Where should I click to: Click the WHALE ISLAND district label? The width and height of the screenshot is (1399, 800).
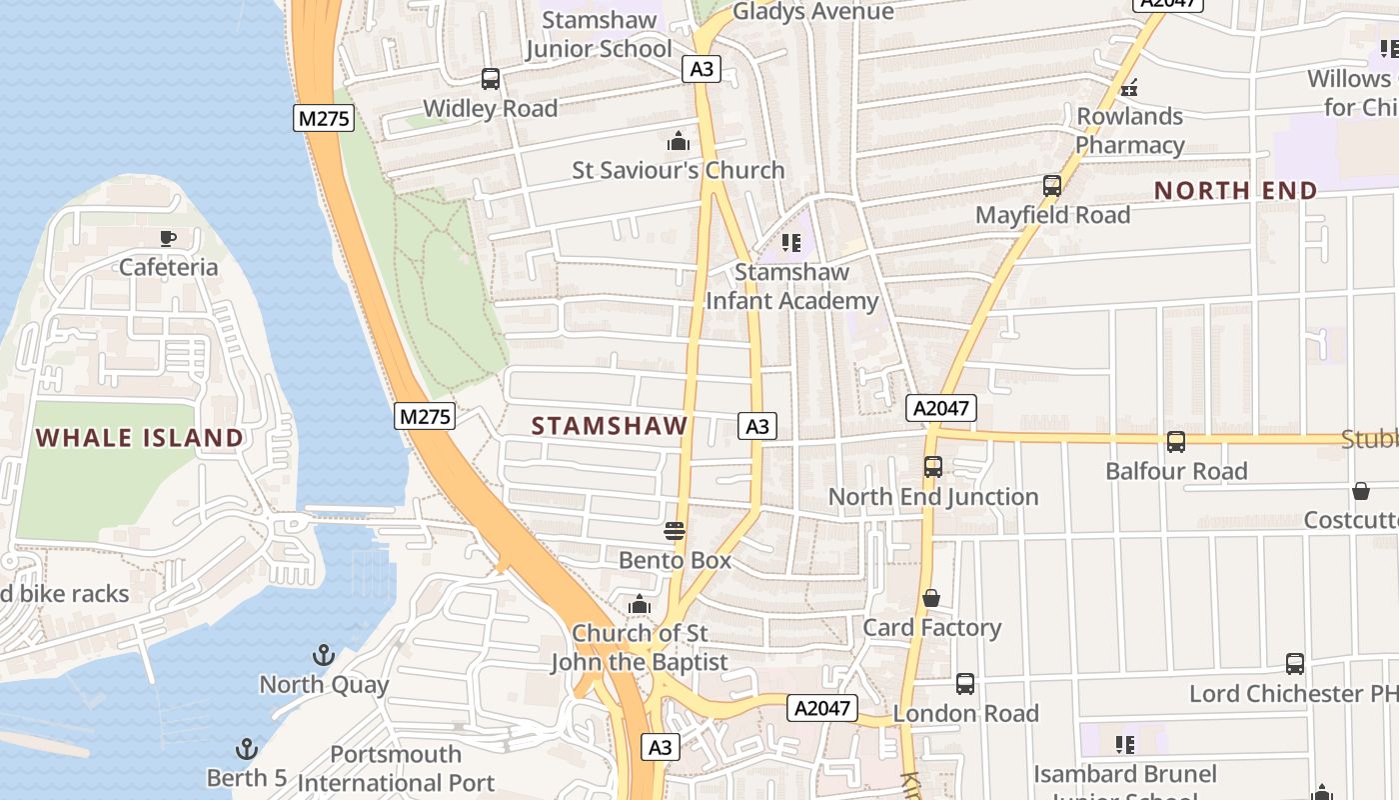point(140,437)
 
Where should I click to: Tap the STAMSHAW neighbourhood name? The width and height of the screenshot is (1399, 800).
point(610,426)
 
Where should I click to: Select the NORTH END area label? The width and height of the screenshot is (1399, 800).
point(1236,190)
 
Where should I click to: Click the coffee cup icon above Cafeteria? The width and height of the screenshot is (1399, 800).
point(168,238)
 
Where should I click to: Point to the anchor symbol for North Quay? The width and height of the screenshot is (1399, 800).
point(323,656)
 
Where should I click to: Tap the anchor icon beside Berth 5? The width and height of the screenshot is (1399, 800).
point(246,749)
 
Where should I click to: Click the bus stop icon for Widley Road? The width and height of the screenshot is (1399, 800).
point(490,79)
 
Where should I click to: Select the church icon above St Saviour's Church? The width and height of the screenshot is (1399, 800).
point(679,141)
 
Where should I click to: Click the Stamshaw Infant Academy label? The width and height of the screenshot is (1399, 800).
point(791,286)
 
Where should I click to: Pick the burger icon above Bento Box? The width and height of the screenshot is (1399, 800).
point(675,531)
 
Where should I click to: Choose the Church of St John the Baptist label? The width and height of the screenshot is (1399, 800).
point(640,647)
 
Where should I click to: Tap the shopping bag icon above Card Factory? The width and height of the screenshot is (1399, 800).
point(931,598)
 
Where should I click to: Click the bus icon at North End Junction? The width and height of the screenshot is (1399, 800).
point(932,466)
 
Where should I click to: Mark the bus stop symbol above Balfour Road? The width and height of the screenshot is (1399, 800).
point(1176,441)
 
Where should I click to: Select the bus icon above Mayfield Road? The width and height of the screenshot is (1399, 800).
point(1051,185)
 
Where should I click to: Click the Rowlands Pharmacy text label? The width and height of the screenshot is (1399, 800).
point(1129,131)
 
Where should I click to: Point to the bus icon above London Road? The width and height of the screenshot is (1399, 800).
point(964,684)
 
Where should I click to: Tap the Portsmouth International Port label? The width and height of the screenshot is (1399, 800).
point(396,768)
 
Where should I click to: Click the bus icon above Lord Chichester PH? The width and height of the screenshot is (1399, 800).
point(1294,663)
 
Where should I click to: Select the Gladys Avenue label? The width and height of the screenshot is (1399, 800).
point(812,12)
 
